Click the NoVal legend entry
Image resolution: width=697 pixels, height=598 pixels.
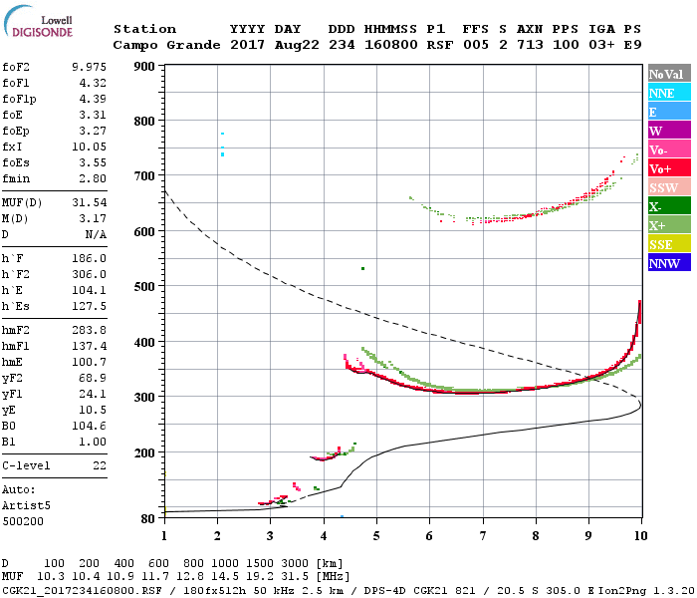(668, 75)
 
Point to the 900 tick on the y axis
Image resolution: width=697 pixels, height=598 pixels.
(144, 67)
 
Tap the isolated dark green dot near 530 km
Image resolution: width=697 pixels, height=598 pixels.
(363, 268)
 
